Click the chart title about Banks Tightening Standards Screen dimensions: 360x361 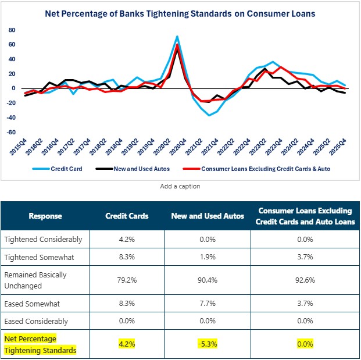coord(180,12)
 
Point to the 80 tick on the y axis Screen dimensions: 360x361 coord(11,30)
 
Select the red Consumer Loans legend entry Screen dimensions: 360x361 coord(265,170)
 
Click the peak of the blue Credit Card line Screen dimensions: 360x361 coord(177,37)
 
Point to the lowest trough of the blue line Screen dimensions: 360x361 coord(210,115)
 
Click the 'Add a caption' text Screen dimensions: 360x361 coord(180,186)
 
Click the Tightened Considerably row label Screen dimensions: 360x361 coord(43,239)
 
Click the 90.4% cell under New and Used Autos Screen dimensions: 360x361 coord(208,280)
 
